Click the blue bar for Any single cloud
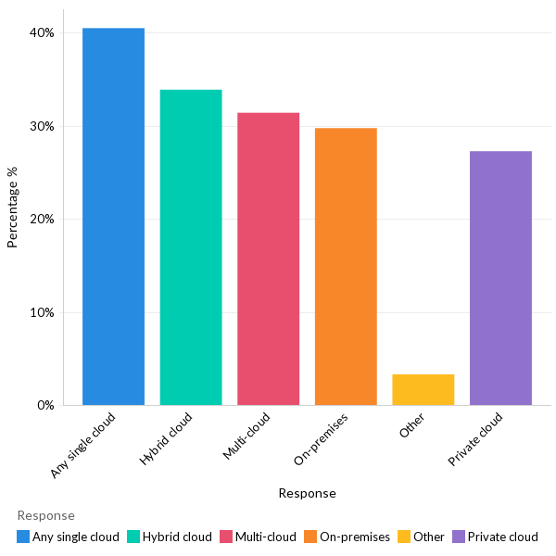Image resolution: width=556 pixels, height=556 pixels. point(113,217)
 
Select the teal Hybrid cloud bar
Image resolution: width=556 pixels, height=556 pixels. point(191,247)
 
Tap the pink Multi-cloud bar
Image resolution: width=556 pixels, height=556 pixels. point(268,259)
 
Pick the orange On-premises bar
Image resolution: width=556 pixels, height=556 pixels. point(346,267)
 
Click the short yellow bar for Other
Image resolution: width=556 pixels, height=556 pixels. point(423,390)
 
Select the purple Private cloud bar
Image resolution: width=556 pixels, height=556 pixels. point(500,278)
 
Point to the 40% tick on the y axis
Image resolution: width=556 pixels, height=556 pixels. point(43,32)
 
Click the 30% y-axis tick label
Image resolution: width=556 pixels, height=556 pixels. point(43,126)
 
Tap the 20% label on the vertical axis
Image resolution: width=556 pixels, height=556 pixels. point(43,220)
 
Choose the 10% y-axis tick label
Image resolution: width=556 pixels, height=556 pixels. point(43,312)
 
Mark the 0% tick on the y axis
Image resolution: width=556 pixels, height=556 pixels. point(45,406)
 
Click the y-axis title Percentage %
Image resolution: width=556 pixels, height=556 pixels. point(13,207)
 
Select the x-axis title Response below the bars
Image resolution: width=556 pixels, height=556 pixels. point(307,493)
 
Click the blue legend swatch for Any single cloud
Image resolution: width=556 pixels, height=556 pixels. point(23,537)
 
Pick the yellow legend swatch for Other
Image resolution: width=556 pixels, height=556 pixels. point(404,537)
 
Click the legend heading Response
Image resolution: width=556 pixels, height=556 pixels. point(45,515)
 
